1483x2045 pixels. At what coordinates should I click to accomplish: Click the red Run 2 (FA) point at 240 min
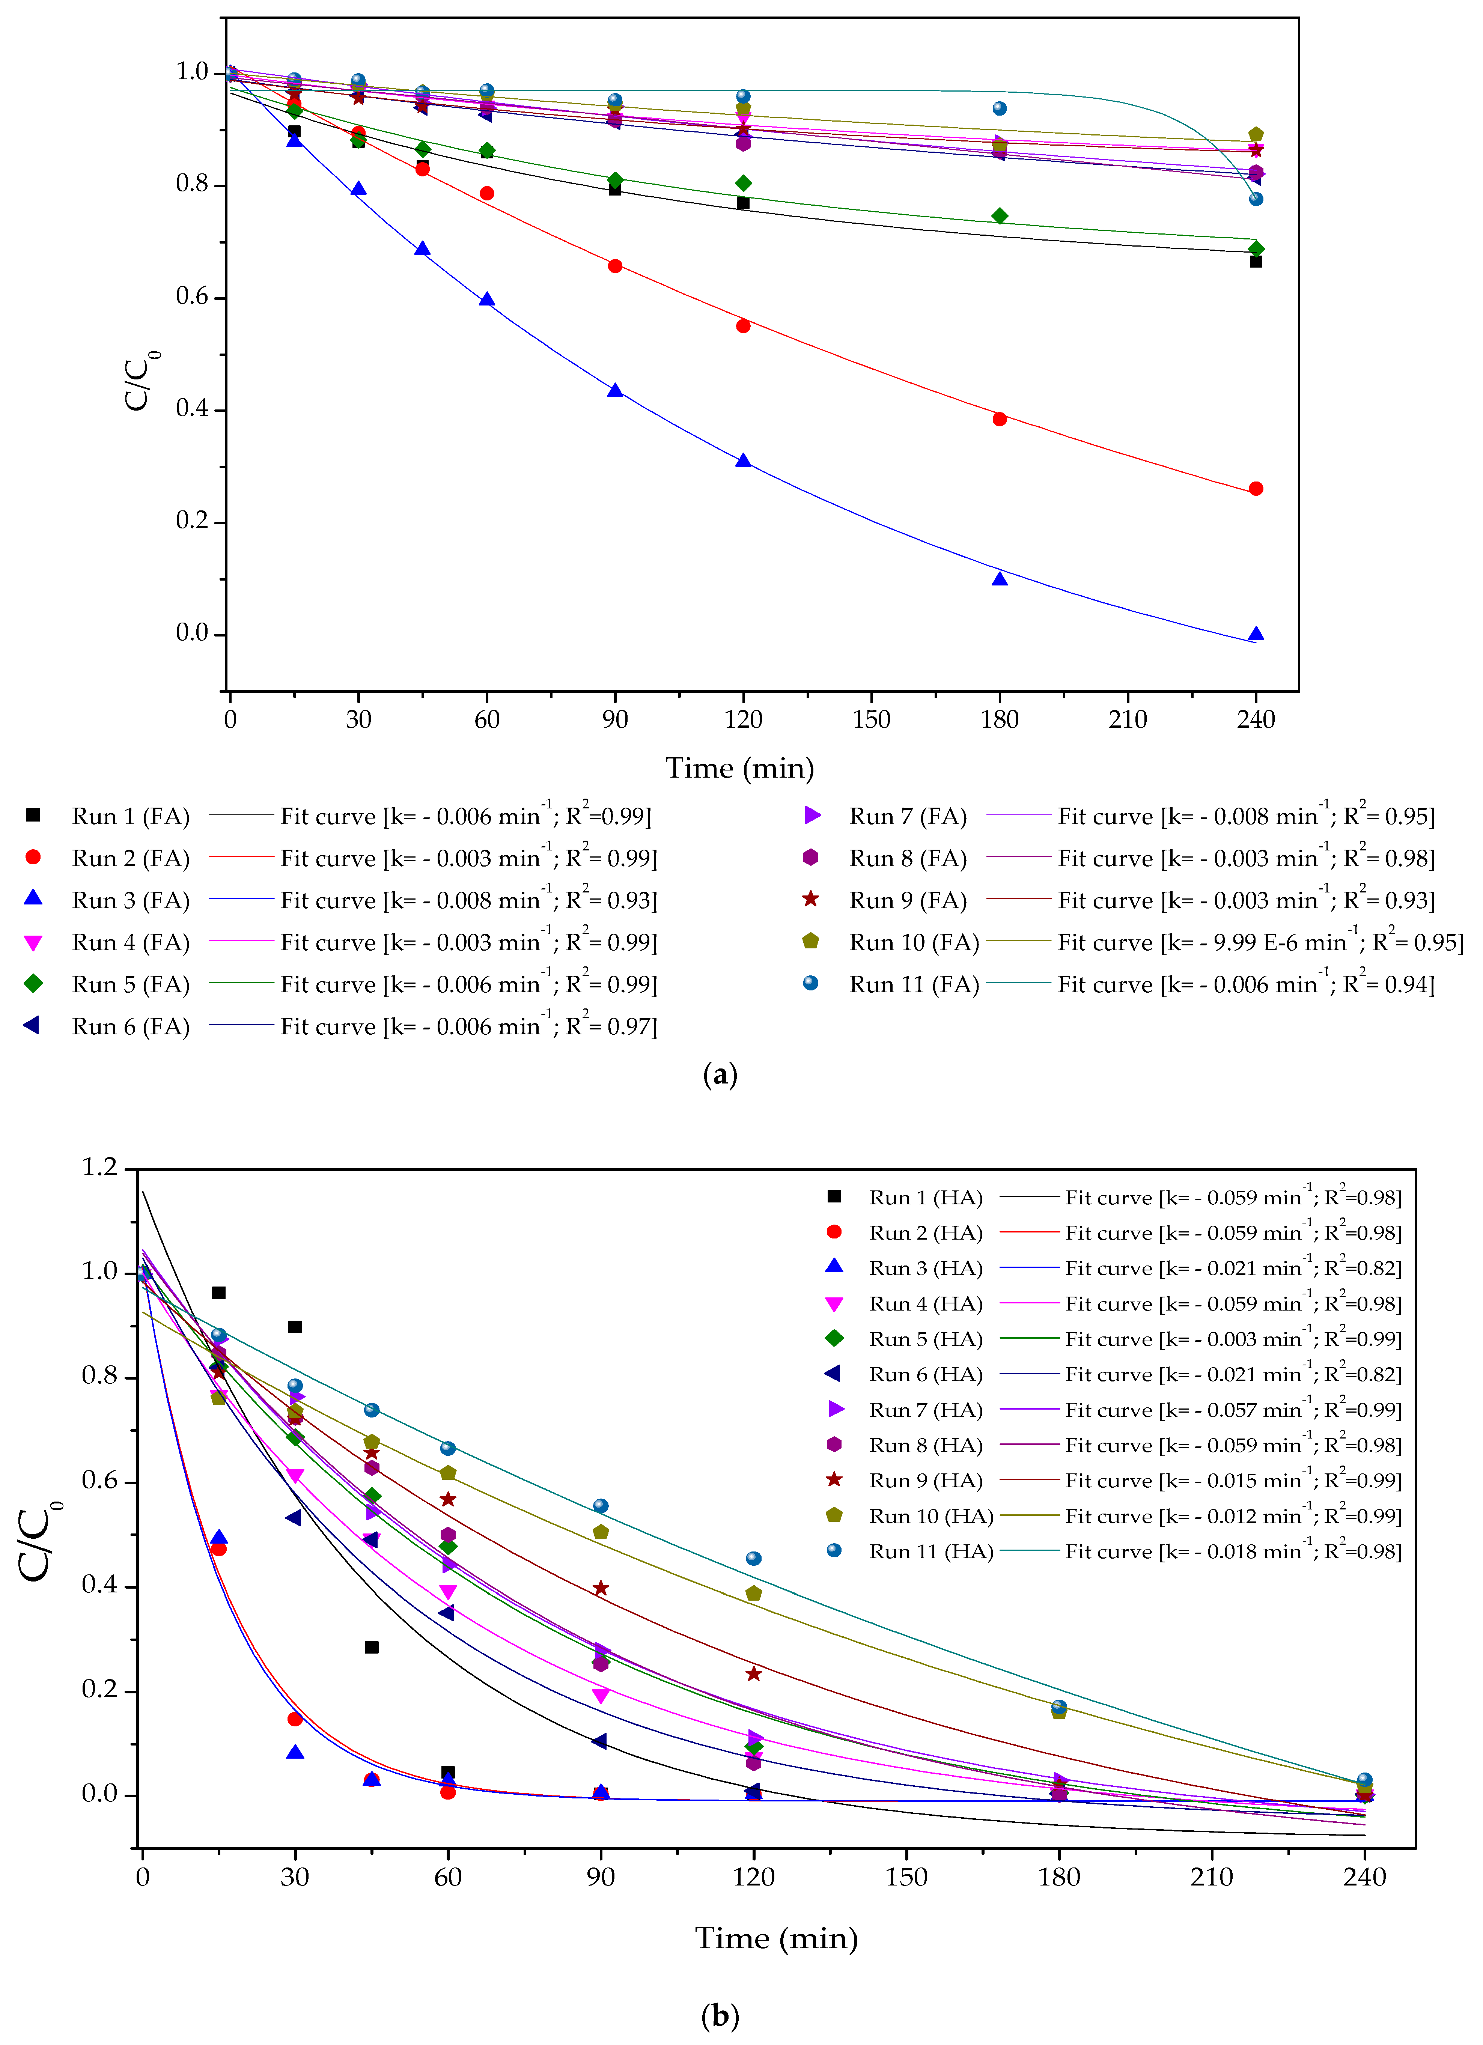pyautogui.click(x=1256, y=489)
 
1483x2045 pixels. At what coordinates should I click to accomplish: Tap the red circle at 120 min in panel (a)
pyautogui.click(x=743, y=327)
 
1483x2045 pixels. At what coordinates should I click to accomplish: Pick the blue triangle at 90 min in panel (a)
pyautogui.click(x=615, y=390)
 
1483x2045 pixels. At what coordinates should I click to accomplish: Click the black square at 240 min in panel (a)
pyautogui.click(x=1256, y=262)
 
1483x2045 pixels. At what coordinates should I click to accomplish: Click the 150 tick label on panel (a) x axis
pyautogui.click(x=872, y=719)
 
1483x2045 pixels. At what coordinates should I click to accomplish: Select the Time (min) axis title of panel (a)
pyautogui.click(x=740, y=768)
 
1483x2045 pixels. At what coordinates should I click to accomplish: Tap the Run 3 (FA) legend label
pyautogui.click(x=131, y=901)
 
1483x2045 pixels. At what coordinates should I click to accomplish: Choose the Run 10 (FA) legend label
pyautogui.click(x=914, y=942)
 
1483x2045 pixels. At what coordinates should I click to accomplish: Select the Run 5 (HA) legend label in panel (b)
pyautogui.click(x=926, y=1339)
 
